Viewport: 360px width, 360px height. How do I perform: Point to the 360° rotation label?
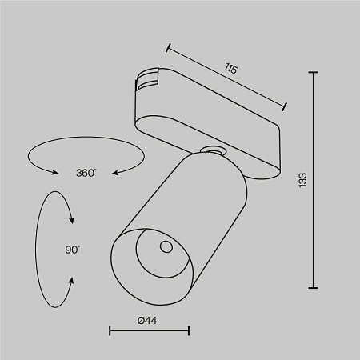click(86, 173)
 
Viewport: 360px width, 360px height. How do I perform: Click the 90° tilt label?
click(72, 250)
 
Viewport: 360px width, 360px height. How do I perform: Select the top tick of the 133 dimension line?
click(312, 74)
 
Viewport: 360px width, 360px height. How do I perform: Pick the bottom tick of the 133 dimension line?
click(312, 287)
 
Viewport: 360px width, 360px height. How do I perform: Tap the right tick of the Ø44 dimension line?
click(189, 330)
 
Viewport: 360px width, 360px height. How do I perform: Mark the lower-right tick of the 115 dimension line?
click(286, 105)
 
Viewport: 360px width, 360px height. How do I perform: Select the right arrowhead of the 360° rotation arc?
click(114, 171)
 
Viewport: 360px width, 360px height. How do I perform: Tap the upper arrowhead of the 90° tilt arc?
click(72, 220)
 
